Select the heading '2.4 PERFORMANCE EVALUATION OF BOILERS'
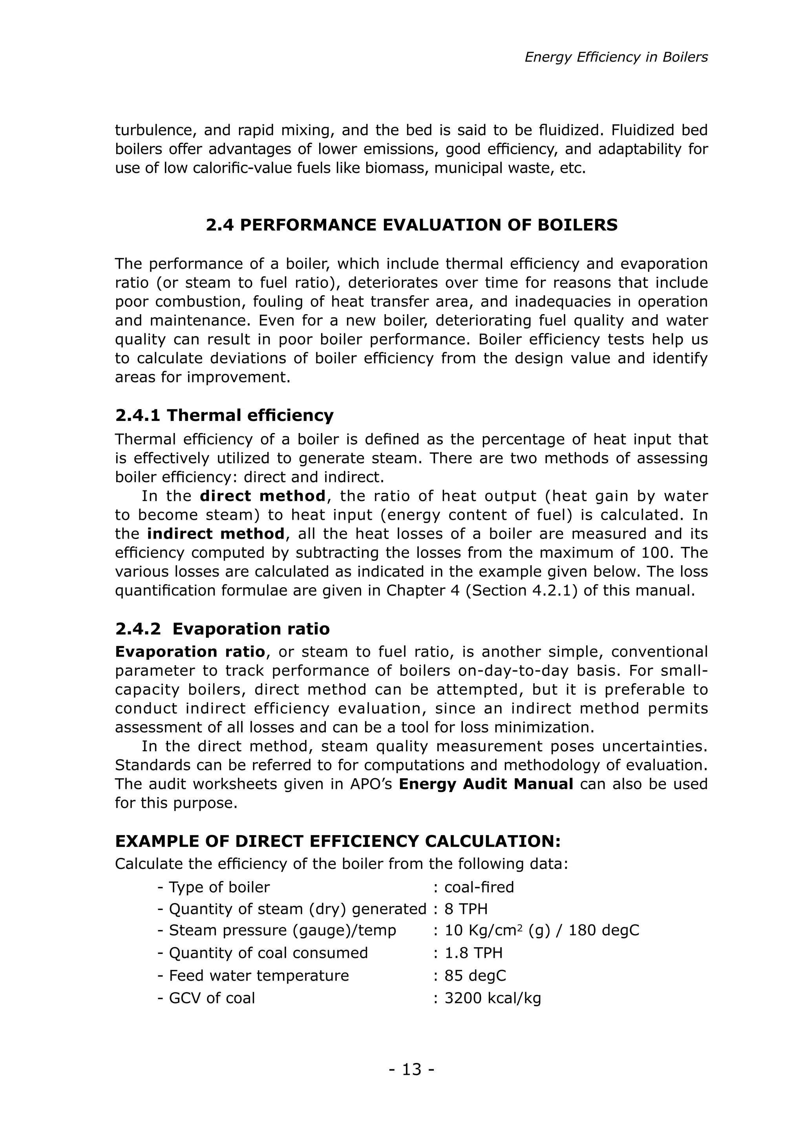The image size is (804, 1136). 411,225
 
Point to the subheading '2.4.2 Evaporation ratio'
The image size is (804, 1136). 222,629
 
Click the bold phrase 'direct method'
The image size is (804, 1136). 262,496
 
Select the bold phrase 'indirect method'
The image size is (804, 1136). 216,533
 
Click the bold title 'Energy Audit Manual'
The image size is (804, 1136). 486,784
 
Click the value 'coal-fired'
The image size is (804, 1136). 479,887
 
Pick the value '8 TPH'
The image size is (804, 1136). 465,909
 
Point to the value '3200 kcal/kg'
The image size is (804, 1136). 492,998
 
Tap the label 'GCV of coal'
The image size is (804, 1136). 212,998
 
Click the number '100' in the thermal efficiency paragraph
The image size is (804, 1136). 668,553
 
